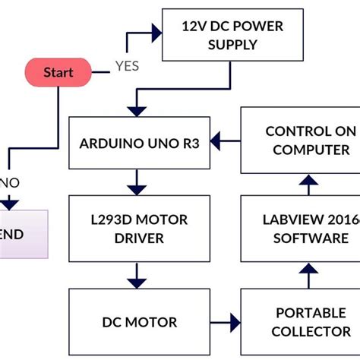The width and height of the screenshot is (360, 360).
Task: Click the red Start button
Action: click(58, 73)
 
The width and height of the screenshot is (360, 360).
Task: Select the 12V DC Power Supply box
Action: click(232, 34)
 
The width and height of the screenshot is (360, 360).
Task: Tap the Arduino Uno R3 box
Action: click(138, 143)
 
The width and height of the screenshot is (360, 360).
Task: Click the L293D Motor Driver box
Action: click(138, 229)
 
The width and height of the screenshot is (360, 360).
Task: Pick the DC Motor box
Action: click(138, 321)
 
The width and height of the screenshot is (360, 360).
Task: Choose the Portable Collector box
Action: click(300, 321)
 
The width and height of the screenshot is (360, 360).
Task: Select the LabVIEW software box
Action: click(300, 229)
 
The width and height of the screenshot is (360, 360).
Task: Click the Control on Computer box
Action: click(300, 141)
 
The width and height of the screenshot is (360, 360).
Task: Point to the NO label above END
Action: click(10, 182)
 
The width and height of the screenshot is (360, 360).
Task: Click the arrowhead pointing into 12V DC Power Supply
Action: click(157, 33)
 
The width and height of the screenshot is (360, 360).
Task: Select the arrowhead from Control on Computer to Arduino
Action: click(216, 140)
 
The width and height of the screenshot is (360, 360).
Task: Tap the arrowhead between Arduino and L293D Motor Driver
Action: click(137, 185)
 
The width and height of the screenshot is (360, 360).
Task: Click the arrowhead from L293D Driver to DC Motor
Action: click(137, 279)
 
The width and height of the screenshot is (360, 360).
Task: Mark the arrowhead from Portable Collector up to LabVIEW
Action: click(307, 270)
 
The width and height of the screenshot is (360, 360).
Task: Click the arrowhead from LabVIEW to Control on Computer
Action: click(307, 181)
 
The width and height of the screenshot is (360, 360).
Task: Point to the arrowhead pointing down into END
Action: click(9, 204)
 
